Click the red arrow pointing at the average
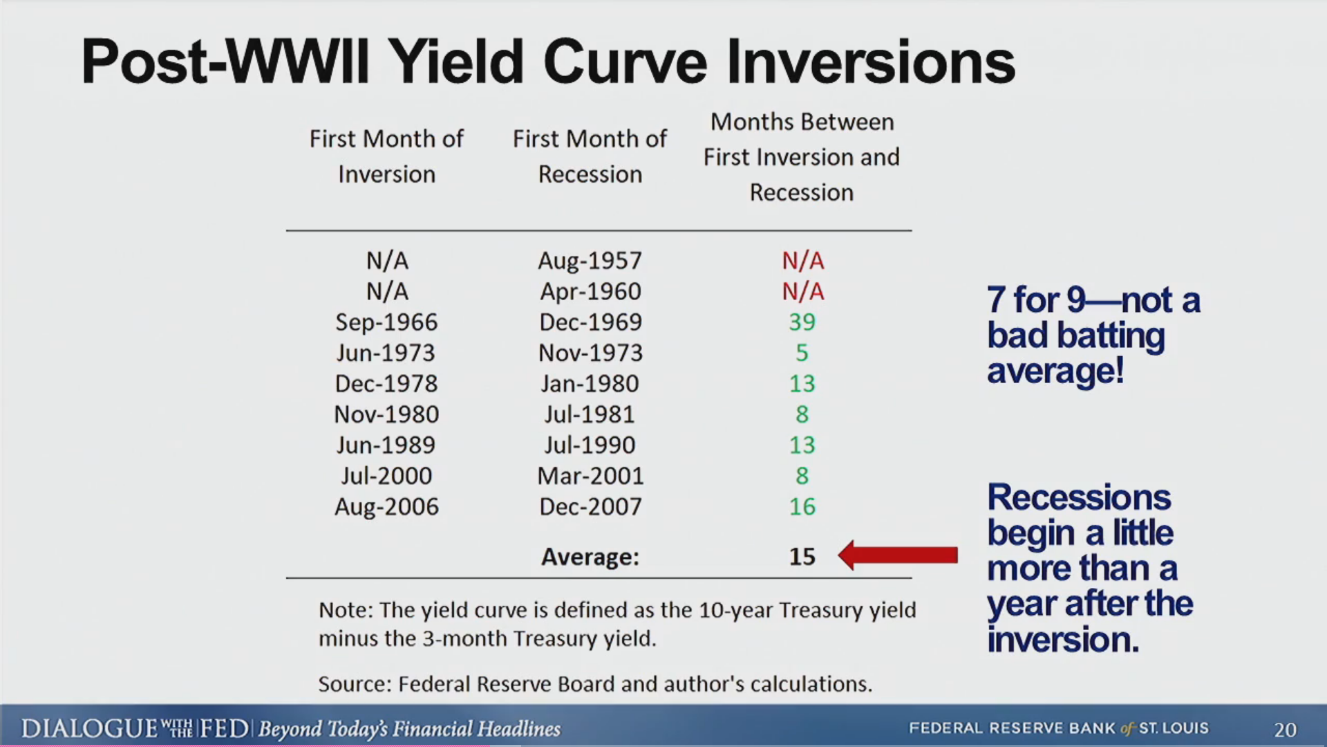pyautogui.click(x=898, y=555)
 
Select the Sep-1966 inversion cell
pyautogui.click(x=386, y=322)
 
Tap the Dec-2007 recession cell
pyautogui.click(x=590, y=507)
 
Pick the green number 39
pyautogui.click(x=802, y=322)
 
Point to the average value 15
pyautogui.click(x=802, y=557)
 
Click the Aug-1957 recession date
pyautogui.click(x=590, y=261)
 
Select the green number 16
pyautogui.click(x=802, y=507)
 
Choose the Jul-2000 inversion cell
pyautogui.click(x=386, y=476)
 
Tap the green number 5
pyautogui.click(x=802, y=353)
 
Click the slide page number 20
pyautogui.click(x=1286, y=730)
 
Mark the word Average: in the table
pyautogui.click(x=590, y=557)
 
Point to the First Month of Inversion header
pyautogui.click(x=386, y=156)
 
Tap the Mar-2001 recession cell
pyautogui.click(x=590, y=476)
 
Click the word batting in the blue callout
pyautogui.click(x=1111, y=337)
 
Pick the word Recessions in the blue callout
pyautogui.click(x=1079, y=497)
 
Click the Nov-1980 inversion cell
pyautogui.click(x=386, y=415)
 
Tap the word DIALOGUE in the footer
pyautogui.click(x=90, y=729)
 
